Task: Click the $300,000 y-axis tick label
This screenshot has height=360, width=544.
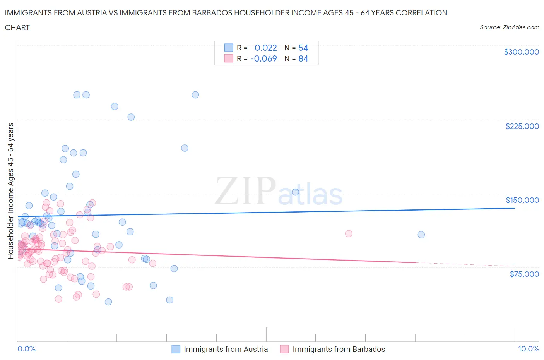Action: coord(521,52)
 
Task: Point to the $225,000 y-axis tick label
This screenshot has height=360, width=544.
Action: coord(522,126)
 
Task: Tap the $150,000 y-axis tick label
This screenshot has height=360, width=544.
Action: coord(522,200)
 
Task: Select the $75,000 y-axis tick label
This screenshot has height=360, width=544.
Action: coord(524,274)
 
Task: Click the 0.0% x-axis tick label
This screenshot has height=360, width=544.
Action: coord(26,349)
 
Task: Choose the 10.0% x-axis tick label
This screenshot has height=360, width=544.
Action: coord(529,349)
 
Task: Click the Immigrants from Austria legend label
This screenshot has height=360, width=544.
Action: coord(226,349)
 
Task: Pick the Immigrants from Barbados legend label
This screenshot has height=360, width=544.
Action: coord(339,349)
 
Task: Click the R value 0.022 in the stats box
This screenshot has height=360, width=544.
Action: coord(265,48)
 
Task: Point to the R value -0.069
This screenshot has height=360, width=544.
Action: coord(263,58)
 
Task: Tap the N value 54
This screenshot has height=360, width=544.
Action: coord(303,48)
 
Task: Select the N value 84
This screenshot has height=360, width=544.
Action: coord(303,58)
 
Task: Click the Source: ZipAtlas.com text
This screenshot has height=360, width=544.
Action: coord(509,27)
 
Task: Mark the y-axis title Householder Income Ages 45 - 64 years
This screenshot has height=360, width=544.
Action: coord(11,191)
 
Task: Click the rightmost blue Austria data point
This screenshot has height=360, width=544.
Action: coord(421,235)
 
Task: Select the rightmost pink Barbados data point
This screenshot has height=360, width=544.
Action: coord(348,233)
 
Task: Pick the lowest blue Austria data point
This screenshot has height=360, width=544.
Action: coord(108,302)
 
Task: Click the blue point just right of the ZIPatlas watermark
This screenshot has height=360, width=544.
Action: coord(295,192)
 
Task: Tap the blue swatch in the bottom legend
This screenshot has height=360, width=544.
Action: coord(176,349)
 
